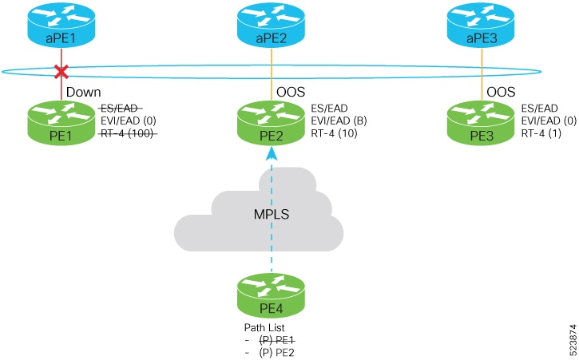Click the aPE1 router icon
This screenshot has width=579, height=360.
click(x=61, y=25)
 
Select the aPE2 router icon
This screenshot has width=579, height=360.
click(x=271, y=25)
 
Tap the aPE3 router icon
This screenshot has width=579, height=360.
click(x=481, y=25)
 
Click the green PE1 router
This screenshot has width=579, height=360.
click(x=61, y=123)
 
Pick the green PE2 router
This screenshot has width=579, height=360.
click(x=271, y=123)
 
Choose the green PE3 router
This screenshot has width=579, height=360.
click(x=481, y=123)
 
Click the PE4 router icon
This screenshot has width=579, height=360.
click(x=271, y=295)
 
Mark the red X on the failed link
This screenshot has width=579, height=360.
click(x=61, y=72)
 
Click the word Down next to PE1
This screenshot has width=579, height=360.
click(x=83, y=92)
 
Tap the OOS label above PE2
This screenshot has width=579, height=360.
click(x=291, y=92)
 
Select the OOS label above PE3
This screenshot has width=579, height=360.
click(x=501, y=92)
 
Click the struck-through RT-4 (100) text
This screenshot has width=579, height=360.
click(x=128, y=133)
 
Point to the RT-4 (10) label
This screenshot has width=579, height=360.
click(x=334, y=133)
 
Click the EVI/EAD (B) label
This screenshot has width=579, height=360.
click(x=339, y=121)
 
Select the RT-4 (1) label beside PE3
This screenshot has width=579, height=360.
click(x=541, y=133)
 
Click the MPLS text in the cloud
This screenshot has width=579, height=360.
click(x=272, y=214)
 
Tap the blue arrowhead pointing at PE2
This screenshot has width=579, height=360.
click(x=272, y=153)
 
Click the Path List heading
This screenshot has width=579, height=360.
click(x=264, y=327)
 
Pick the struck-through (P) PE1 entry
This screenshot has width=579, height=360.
click(x=276, y=340)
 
